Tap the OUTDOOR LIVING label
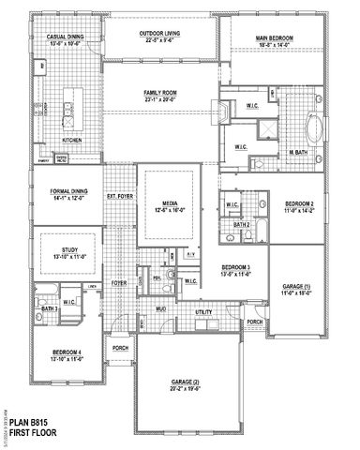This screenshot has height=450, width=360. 160,33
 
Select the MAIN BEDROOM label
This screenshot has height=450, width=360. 277,38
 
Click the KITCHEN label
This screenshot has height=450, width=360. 72,140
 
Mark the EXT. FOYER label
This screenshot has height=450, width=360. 118,196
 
